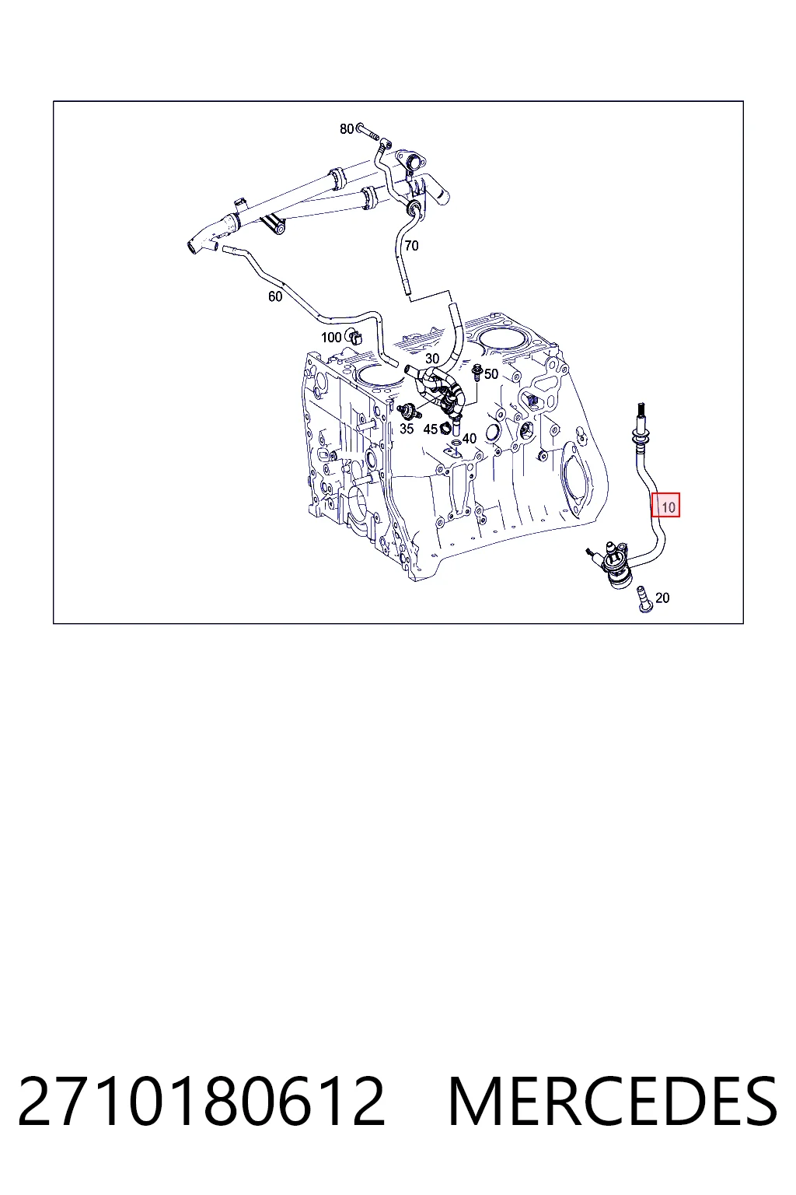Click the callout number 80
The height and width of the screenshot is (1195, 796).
[347, 128]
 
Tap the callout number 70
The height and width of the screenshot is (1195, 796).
[411, 246]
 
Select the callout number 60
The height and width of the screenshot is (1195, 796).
[275, 296]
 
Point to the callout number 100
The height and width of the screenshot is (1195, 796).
[331, 337]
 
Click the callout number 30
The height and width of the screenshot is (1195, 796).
[432, 359]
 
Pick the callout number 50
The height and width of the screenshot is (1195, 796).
[491, 374]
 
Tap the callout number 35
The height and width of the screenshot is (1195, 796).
[407, 429]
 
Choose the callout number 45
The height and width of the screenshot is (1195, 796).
[430, 429]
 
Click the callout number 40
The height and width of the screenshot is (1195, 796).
[469, 439]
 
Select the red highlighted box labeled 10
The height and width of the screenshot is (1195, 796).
[665, 505]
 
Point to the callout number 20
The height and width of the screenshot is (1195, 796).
[662, 598]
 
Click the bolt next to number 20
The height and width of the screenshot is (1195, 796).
[644, 600]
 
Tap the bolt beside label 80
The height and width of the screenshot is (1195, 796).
[369, 131]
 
